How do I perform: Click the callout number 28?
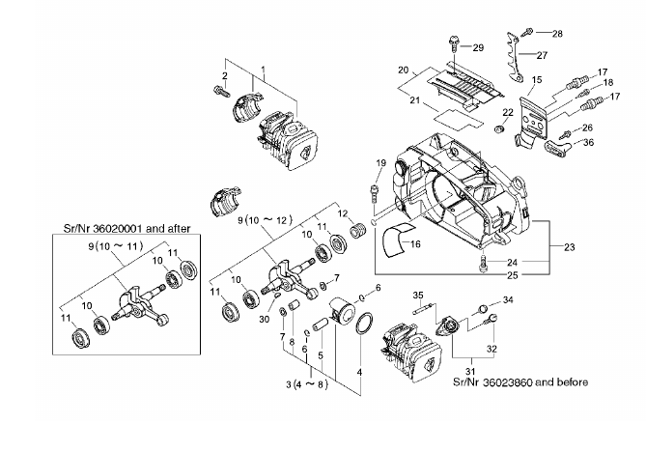click(x=557, y=34)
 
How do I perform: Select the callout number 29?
click(x=478, y=47)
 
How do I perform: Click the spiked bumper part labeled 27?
click(x=514, y=58)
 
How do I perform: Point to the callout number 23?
click(x=569, y=247)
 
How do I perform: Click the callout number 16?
click(x=415, y=244)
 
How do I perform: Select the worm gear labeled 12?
click(x=357, y=230)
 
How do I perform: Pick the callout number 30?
click(x=264, y=319)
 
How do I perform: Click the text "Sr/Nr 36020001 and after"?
click(x=126, y=228)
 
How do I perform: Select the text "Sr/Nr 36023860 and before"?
click(x=520, y=381)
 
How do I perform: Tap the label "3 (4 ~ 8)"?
click(x=307, y=384)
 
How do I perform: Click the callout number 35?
click(x=418, y=295)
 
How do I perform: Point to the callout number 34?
click(x=508, y=300)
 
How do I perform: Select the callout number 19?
click(x=381, y=163)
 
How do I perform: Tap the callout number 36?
click(x=589, y=143)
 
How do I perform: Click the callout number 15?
click(x=537, y=79)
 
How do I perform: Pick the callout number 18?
click(x=608, y=83)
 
